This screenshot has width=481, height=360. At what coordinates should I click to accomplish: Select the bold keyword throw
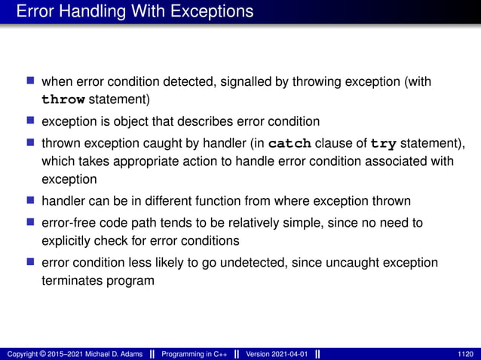point(63,99)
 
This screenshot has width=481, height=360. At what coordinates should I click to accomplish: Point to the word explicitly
point(68,241)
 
